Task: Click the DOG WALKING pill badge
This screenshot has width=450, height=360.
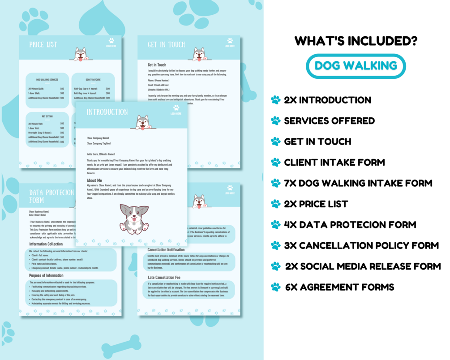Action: [356, 66]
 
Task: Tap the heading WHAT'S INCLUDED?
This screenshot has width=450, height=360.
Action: [356, 41]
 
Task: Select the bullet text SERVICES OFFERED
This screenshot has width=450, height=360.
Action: [329, 121]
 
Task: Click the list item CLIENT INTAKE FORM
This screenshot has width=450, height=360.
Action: [334, 162]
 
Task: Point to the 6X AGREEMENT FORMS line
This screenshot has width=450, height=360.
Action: [339, 287]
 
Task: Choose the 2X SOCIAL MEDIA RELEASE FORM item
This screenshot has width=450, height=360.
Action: [363, 266]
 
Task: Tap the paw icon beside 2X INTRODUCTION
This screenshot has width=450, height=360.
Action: [276, 100]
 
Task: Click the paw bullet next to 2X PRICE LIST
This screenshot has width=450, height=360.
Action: [276, 204]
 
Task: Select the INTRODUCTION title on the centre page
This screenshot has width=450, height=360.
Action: [107, 112]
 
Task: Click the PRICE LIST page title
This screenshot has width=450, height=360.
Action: [43, 44]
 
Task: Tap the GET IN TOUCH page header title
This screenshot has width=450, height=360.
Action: [166, 44]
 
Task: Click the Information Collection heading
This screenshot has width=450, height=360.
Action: [46, 244]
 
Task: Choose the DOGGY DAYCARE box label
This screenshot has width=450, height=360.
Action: [93, 80]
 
